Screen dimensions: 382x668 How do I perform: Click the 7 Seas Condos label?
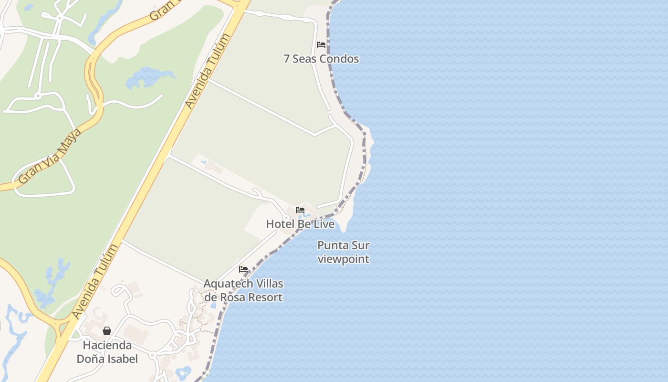[x=321, y=59]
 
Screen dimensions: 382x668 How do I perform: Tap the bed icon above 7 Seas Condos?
[x=321, y=45]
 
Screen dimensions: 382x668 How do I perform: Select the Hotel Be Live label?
[x=300, y=224]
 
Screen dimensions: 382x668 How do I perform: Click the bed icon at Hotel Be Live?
[x=300, y=210]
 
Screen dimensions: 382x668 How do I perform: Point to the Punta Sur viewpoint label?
[x=344, y=252]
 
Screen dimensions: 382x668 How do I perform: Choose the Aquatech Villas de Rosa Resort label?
[x=243, y=290]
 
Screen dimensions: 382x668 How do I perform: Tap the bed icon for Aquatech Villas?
[x=243, y=269]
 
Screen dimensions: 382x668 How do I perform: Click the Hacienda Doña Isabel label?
[x=107, y=352]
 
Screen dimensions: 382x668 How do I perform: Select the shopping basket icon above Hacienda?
[x=107, y=331]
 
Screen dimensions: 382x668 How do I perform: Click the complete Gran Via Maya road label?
[x=50, y=156]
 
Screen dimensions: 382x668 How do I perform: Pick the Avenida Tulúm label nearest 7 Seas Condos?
[x=208, y=71]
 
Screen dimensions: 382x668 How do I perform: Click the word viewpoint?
[x=344, y=259]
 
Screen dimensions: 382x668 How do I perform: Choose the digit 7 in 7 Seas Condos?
[x=286, y=59]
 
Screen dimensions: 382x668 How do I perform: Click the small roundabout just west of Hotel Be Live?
[x=286, y=218]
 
